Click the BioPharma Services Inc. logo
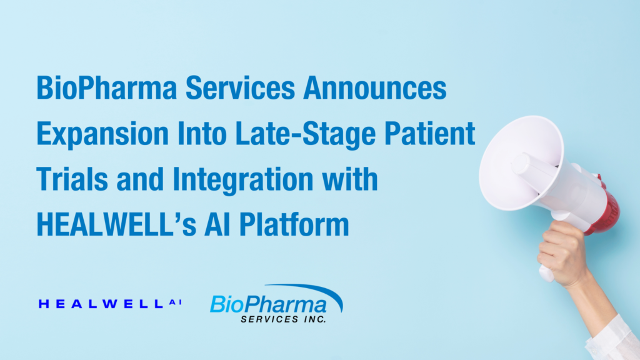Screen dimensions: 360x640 click(276, 304)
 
